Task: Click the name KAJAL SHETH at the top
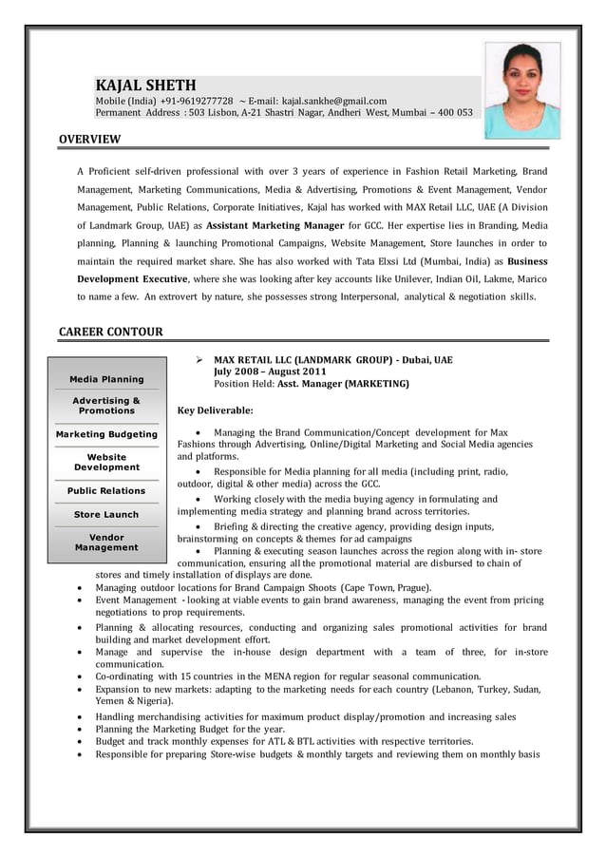pyautogui.click(x=145, y=86)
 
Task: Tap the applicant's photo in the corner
pyautogui.click(x=521, y=90)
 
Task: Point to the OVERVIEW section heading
pyautogui.click(x=90, y=140)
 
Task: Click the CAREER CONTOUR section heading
pyautogui.click(x=111, y=332)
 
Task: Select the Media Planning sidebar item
pyautogui.click(x=106, y=379)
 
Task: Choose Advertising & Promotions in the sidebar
pyautogui.click(x=106, y=406)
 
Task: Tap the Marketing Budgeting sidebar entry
pyautogui.click(x=106, y=434)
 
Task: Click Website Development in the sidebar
pyautogui.click(x=106, y=462)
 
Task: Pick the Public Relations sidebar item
pyautogui.click(x=106, y=490)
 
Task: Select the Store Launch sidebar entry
pyautogui.click(x=106, y=514)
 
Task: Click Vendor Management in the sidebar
pyautogui.click(x=106, y=542)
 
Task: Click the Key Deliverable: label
pyautogui.click(x=215, y=410)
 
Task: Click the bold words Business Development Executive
pyautogui.click(x=134, y=278)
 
